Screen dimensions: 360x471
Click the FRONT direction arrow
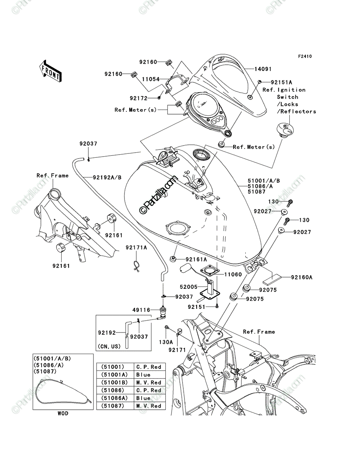click(50, 71)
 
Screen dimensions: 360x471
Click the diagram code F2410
click(305, 57)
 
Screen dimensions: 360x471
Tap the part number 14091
click(263, 69)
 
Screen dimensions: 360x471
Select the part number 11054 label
click(151, 79)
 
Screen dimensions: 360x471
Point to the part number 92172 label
click(139, 98)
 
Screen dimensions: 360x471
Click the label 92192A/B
click(107, 177)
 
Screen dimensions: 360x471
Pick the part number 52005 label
click(188, 287)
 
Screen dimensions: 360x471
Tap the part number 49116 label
click(141, 310)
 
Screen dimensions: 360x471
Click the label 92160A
click(302, 277)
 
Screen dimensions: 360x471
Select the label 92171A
click(136, 248)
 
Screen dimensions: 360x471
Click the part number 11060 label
click(233, 274)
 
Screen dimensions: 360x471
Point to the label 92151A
click(281, 82)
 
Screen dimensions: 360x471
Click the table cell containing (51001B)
click(115, 382)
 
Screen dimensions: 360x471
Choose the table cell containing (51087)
click(115, 406)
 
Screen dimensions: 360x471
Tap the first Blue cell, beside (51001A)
click(150, 375)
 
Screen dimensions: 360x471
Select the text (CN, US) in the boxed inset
click(109, 346)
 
